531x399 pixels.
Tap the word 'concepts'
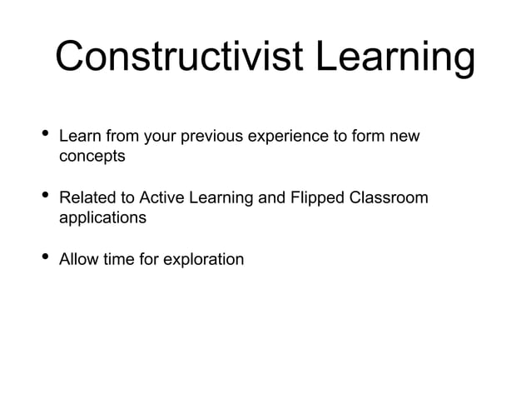[x=92, y=157]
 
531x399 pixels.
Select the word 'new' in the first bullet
[x=405, y=137]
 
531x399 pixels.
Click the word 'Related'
[x=87, y=198]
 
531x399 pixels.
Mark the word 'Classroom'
[x=391, y=198]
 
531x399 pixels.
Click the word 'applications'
[x=102, y=218]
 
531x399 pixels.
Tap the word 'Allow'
[x=78, y=260]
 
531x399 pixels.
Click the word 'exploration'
[x=203, y=260]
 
